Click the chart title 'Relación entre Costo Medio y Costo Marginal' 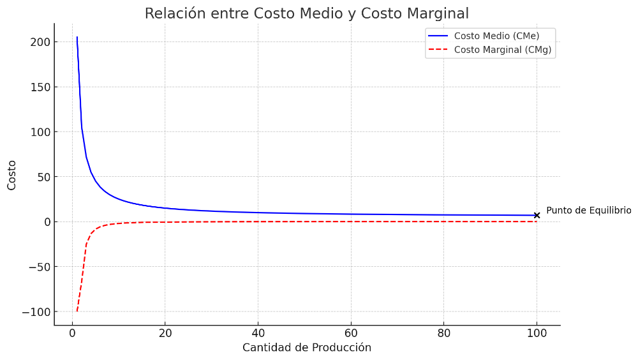click(x=306, y=13)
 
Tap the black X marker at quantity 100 click(x=537, y=215)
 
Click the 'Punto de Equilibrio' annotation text click(x=588, y=211)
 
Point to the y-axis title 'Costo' click(x=12, y=175)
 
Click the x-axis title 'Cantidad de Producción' click(x=306, y=348)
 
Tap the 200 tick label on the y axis click(x=39, y=42)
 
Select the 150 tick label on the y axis click(x=39, y=87)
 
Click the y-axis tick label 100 click(x=39, y=132)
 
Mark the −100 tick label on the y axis click(x=36, y=312)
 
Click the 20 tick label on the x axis click(x=165, y=333)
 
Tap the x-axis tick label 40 click(x=258, y=333)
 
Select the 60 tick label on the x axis click(x=351, y=333)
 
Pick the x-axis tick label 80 click(x=443, y=333)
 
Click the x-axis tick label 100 click(x=537, y=333)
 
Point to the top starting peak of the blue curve click(x=77, y=37)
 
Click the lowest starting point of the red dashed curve click(x=77, y=311)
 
